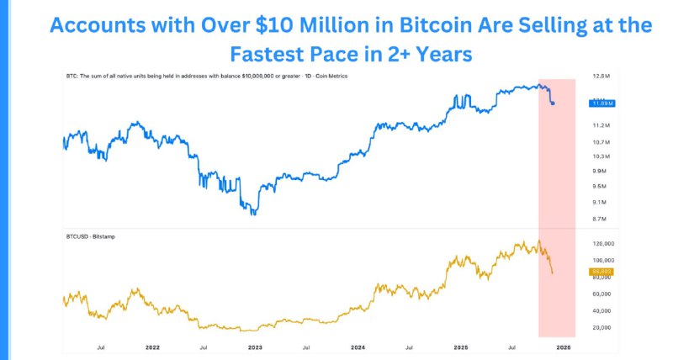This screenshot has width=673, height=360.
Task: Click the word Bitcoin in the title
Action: click(423, 25)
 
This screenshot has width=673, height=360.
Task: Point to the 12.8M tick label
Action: click(601, 77)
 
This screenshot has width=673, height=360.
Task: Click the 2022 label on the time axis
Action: click(152, 347)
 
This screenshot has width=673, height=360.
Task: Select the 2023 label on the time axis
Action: click(255, 347)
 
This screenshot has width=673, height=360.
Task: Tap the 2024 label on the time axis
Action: click(358, 347)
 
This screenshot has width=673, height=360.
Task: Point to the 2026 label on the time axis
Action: click(564, 347)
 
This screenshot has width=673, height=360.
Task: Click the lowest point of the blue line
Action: click(254, 214)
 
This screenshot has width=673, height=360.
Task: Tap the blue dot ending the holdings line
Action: click(553, 103)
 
